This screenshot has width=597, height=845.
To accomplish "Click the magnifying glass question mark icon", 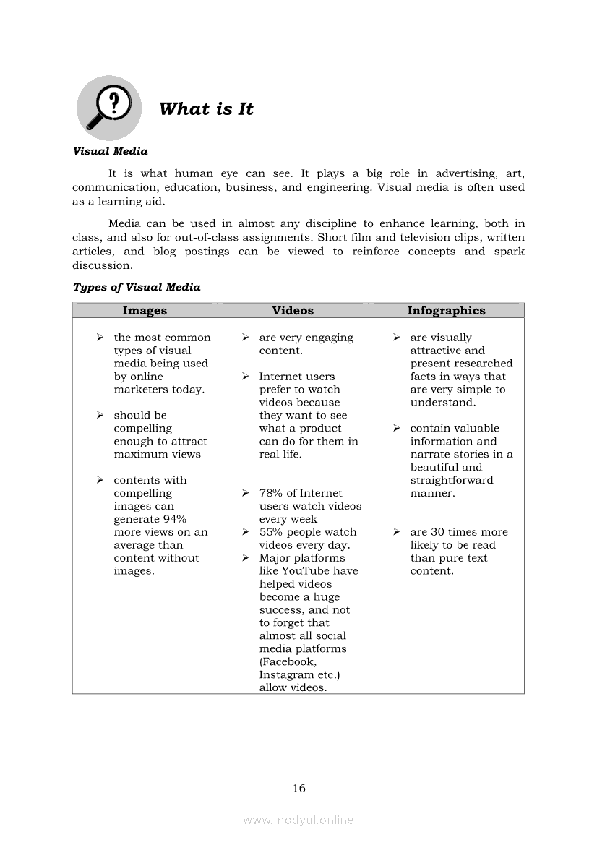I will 108,107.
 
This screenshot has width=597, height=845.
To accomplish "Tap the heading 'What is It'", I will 206,109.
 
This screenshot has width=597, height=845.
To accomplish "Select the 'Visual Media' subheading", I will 110,151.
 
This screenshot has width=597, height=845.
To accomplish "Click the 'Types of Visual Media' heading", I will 137,287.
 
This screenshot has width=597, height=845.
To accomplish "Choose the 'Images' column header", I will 145,311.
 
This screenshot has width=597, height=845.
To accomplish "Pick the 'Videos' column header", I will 293,311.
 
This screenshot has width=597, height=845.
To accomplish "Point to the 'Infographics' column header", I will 446,311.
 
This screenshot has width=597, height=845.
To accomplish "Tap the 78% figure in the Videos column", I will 271,493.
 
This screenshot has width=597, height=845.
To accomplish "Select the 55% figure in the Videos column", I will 271,532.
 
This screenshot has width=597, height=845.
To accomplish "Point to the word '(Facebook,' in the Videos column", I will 288,661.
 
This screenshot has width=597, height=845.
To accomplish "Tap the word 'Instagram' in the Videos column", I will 286,674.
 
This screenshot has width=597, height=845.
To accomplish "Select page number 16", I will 299,788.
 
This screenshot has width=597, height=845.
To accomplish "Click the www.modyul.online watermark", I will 298,820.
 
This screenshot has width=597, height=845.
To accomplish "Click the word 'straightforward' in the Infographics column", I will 452,480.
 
